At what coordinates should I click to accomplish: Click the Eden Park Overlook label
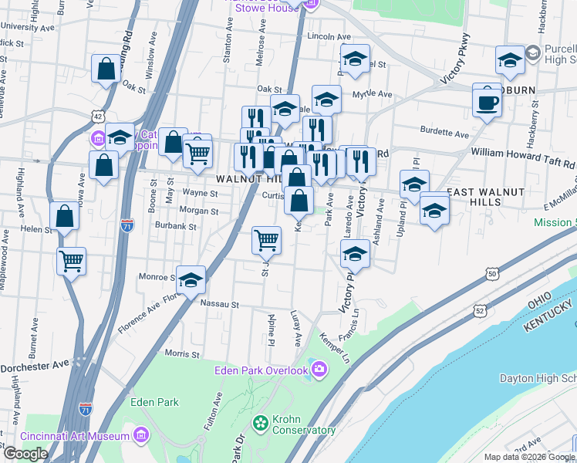pos(262,370)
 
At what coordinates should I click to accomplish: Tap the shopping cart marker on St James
pos(266,240)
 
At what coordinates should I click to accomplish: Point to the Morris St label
pos(182,355)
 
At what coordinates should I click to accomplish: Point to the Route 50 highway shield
pos(491,273)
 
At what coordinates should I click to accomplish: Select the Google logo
pos(25,454)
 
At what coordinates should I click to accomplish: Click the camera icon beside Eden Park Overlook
pos(318,370)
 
